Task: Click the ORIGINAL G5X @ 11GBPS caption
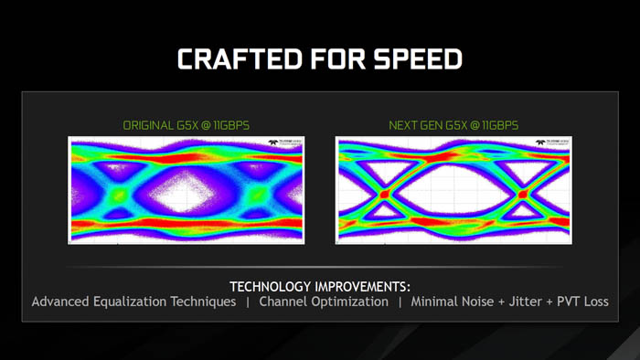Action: pyautogui.click(x=186, y=124)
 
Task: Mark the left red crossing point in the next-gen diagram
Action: pyautogui.click(x=384, y=194)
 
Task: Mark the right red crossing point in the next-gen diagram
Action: pyautogui.click(x=522, y=194)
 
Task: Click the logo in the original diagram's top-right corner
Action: pyautogui.click(x=286, y=143)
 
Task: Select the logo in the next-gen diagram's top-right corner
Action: pyautogui.click(x=554, y=143)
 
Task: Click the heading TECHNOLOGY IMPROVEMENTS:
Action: pyautogui.click(x=319, y=286)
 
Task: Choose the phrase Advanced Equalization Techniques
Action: pyautogui.click(x=133, y=302)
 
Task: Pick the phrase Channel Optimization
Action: pyautogui.click(x=324, y=302)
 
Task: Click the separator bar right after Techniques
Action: pyautogui.click(x=248, y=302)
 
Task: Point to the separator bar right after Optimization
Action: pyautogui.click(x=400, y=302)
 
